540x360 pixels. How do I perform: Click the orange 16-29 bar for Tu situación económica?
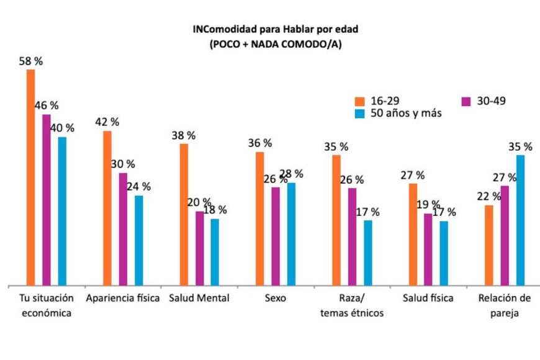(30, 177)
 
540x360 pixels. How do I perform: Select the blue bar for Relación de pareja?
(521, 220)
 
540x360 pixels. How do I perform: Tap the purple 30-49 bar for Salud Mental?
(199, 248)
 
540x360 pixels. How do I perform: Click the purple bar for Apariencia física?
(123, 229)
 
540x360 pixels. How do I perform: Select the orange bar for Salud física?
(413, 235)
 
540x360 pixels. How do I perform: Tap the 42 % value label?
(107, 122)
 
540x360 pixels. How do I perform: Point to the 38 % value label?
(183, 135)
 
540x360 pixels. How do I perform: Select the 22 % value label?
(488, 196)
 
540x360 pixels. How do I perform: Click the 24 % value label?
(138, 186)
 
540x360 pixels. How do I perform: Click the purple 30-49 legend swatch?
(467, 101)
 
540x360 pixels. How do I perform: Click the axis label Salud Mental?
(199, 298)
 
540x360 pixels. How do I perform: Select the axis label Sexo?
(275, 298)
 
